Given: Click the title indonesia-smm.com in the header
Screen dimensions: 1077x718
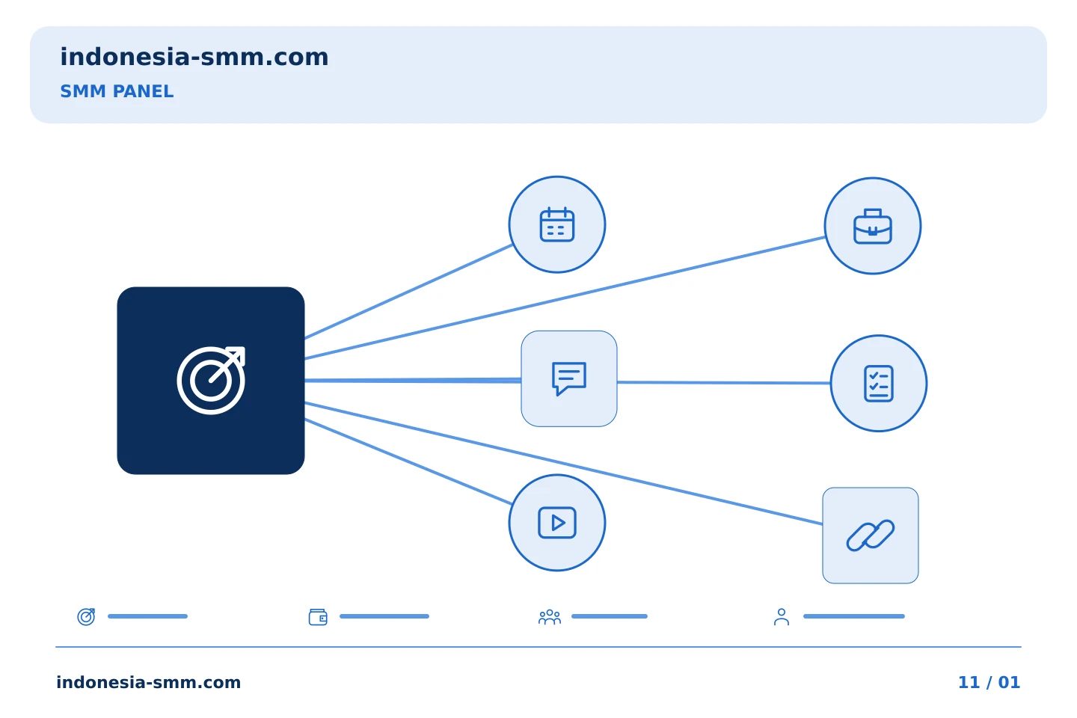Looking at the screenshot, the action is click(x=194, y=57).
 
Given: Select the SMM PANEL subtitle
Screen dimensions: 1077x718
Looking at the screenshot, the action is click(x=117, y=91).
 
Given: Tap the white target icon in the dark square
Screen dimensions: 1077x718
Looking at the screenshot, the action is click(x=211, y=380).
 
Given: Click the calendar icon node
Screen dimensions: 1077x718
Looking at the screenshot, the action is click(x=557, y=224).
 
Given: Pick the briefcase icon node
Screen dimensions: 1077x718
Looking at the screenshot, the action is click(x=873, y=226).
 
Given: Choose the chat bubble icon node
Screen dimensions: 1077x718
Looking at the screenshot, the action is click(x=569, y=378).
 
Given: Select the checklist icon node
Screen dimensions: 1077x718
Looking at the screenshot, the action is click(x=879, y=383).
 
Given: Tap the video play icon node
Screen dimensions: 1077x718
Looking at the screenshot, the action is click(x=557, y=523).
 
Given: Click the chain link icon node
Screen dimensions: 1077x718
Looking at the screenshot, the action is click(x=871, y=536).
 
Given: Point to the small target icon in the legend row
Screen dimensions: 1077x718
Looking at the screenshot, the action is click(x=87, y=616).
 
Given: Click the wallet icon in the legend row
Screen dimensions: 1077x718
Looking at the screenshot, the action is click(x=318, y=617).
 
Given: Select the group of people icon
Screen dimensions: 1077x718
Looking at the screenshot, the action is click(x=550, y=617).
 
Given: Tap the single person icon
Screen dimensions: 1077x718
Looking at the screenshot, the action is click(x=782, y=617).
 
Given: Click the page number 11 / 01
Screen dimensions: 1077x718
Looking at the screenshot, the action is click(x=989, y=682).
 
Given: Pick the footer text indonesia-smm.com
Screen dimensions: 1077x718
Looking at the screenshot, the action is click(x=149, y=682).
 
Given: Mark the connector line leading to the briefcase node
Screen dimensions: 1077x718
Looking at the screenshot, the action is click(x=565, y=298).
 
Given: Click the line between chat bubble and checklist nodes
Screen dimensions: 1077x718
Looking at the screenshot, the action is click(x=724, y=383).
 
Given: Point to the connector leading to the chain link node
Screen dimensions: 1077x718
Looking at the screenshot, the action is click(x=563, y=463).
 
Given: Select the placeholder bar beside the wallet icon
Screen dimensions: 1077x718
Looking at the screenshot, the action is click(x=384, y=616).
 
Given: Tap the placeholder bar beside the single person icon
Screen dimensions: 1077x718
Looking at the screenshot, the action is click(x=854, y=616).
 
